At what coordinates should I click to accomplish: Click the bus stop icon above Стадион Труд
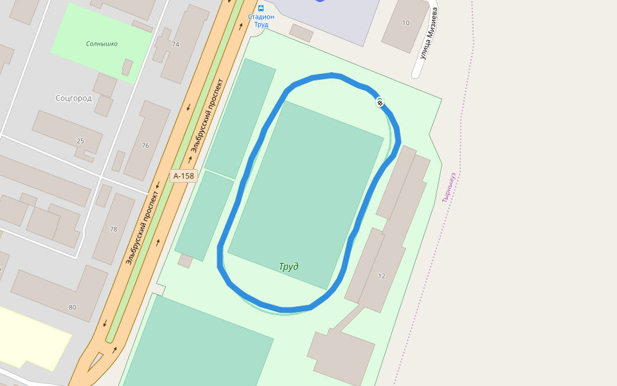click(x=261, y=8)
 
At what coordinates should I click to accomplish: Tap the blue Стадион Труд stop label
click(x=261, y=21)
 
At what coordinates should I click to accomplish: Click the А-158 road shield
click(x=183, y=176)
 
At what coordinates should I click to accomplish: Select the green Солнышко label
click(x=102, y=44)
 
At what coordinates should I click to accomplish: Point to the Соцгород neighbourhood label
click(x=73, y=98)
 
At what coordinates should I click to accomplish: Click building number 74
click(x=175, y=44)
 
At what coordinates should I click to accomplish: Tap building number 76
click(x=145, y=145)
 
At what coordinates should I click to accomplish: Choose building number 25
click(x=80, y=141)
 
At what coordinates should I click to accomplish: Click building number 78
click(x=113, y=229)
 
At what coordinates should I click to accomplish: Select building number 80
click(x=72, y=307)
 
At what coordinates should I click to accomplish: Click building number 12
click(x=382, y=276)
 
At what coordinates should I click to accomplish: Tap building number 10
click(x=406, y=23)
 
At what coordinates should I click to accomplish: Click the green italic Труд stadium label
click(x=289, y=266)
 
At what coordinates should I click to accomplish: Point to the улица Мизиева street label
click(x=429, y=33)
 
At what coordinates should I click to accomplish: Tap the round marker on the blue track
click(x=380, y=102)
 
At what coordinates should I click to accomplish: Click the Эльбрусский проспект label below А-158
click(x=143, y=228)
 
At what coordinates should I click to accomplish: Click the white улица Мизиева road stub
click(x=416, y=68)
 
